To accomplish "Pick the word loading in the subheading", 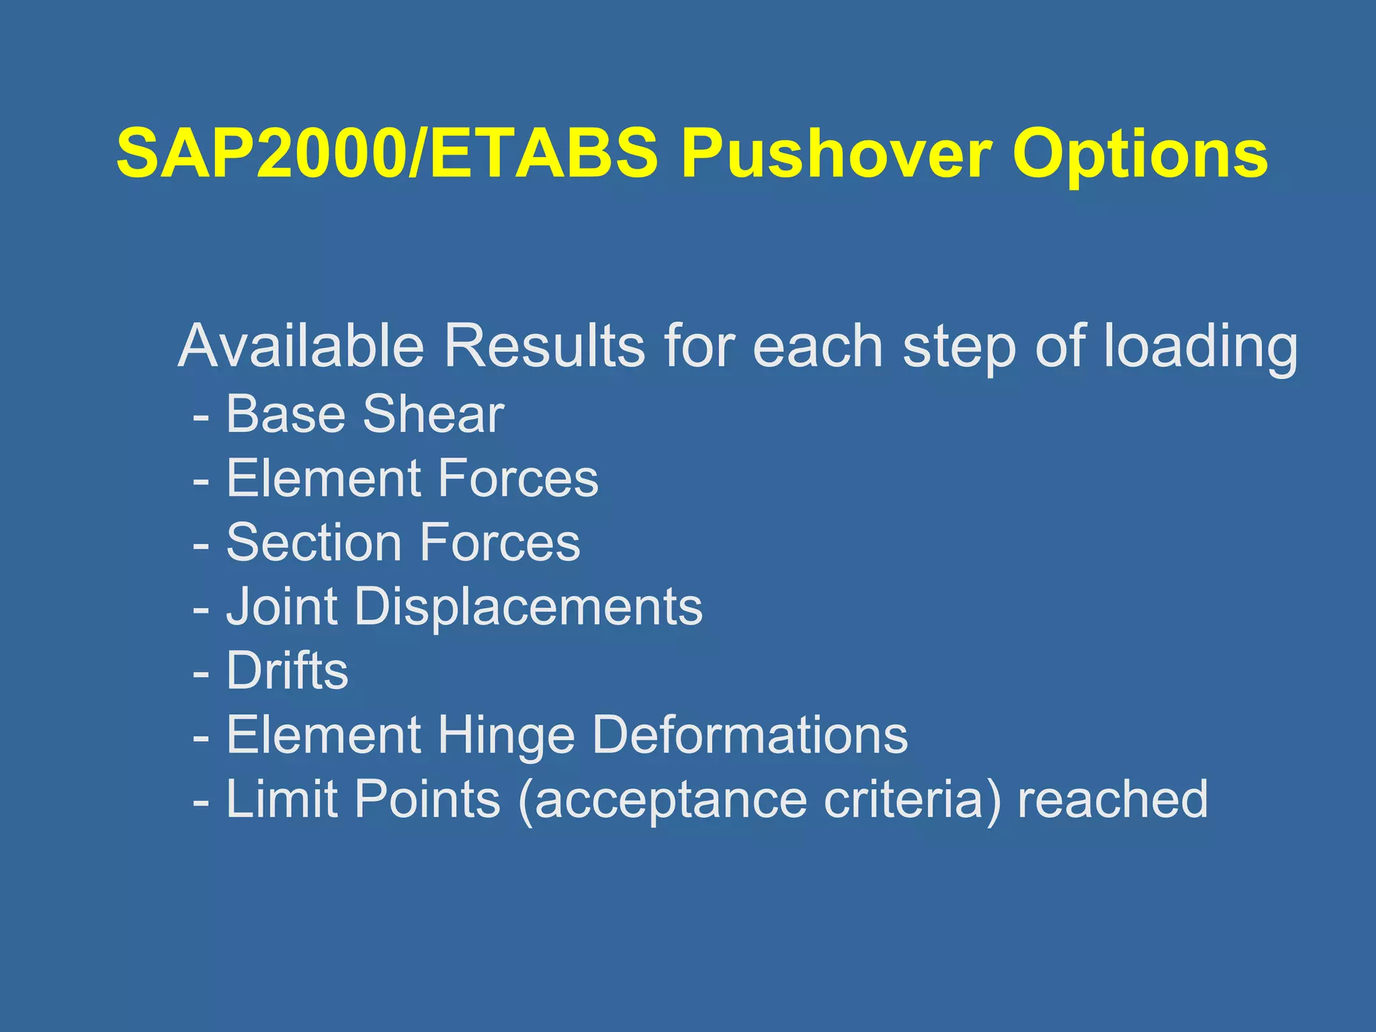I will [x=1201, y=348].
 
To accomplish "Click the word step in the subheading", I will [x=959, y=348].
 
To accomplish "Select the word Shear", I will [x=433, y=414].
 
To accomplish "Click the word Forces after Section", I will [x=500, y=542].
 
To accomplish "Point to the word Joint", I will [x=282, y=607].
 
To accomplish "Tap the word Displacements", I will [x=528, y=607].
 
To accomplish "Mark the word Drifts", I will [x=287, y=671].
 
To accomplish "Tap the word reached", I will [x=1113, y=799].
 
